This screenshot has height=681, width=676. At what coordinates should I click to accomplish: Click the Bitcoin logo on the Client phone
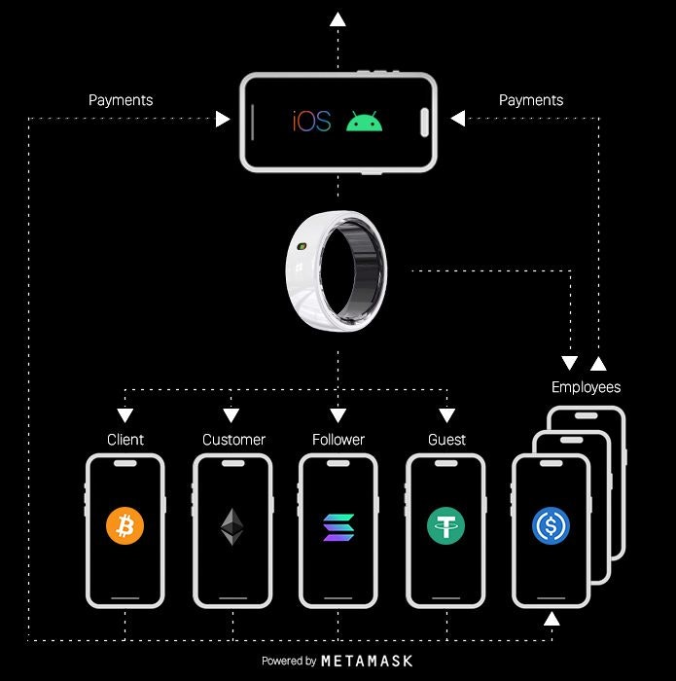click(x=125, y=526)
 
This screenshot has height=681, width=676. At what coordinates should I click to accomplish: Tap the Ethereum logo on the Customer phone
click(x=231, y=526)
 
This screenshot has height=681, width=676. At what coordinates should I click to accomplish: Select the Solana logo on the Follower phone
click(x=338, y=526)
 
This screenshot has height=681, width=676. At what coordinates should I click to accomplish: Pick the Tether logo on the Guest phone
click(x=445, y=526)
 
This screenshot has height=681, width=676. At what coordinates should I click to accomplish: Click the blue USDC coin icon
click(x=551, y=526)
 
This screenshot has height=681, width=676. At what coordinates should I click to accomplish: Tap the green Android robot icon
click(x=364, y=122)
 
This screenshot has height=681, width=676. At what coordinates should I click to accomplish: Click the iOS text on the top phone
click(x=312, y=122)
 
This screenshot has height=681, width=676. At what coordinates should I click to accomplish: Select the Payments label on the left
click(x=121, y=100)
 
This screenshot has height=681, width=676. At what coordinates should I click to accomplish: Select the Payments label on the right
click(x=531, y=100)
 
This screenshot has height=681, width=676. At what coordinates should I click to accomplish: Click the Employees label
click(x=586, y=387)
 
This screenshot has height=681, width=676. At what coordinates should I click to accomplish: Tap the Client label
click(x=125, y=440)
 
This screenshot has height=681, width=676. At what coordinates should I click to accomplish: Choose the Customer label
click(x=233, y=440)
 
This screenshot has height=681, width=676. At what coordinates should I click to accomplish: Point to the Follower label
click(x=338, y=440)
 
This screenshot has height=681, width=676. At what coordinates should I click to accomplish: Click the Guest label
click(x=446, y=440)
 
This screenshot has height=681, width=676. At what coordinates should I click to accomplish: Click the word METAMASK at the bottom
click(x=367, y=661)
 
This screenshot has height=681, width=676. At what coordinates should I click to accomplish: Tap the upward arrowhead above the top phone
click(x=338, y=18)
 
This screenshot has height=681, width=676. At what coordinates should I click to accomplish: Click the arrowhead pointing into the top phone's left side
click(x=223, y=120)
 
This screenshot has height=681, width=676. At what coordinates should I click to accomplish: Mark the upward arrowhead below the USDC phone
click(x=551, y=619)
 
